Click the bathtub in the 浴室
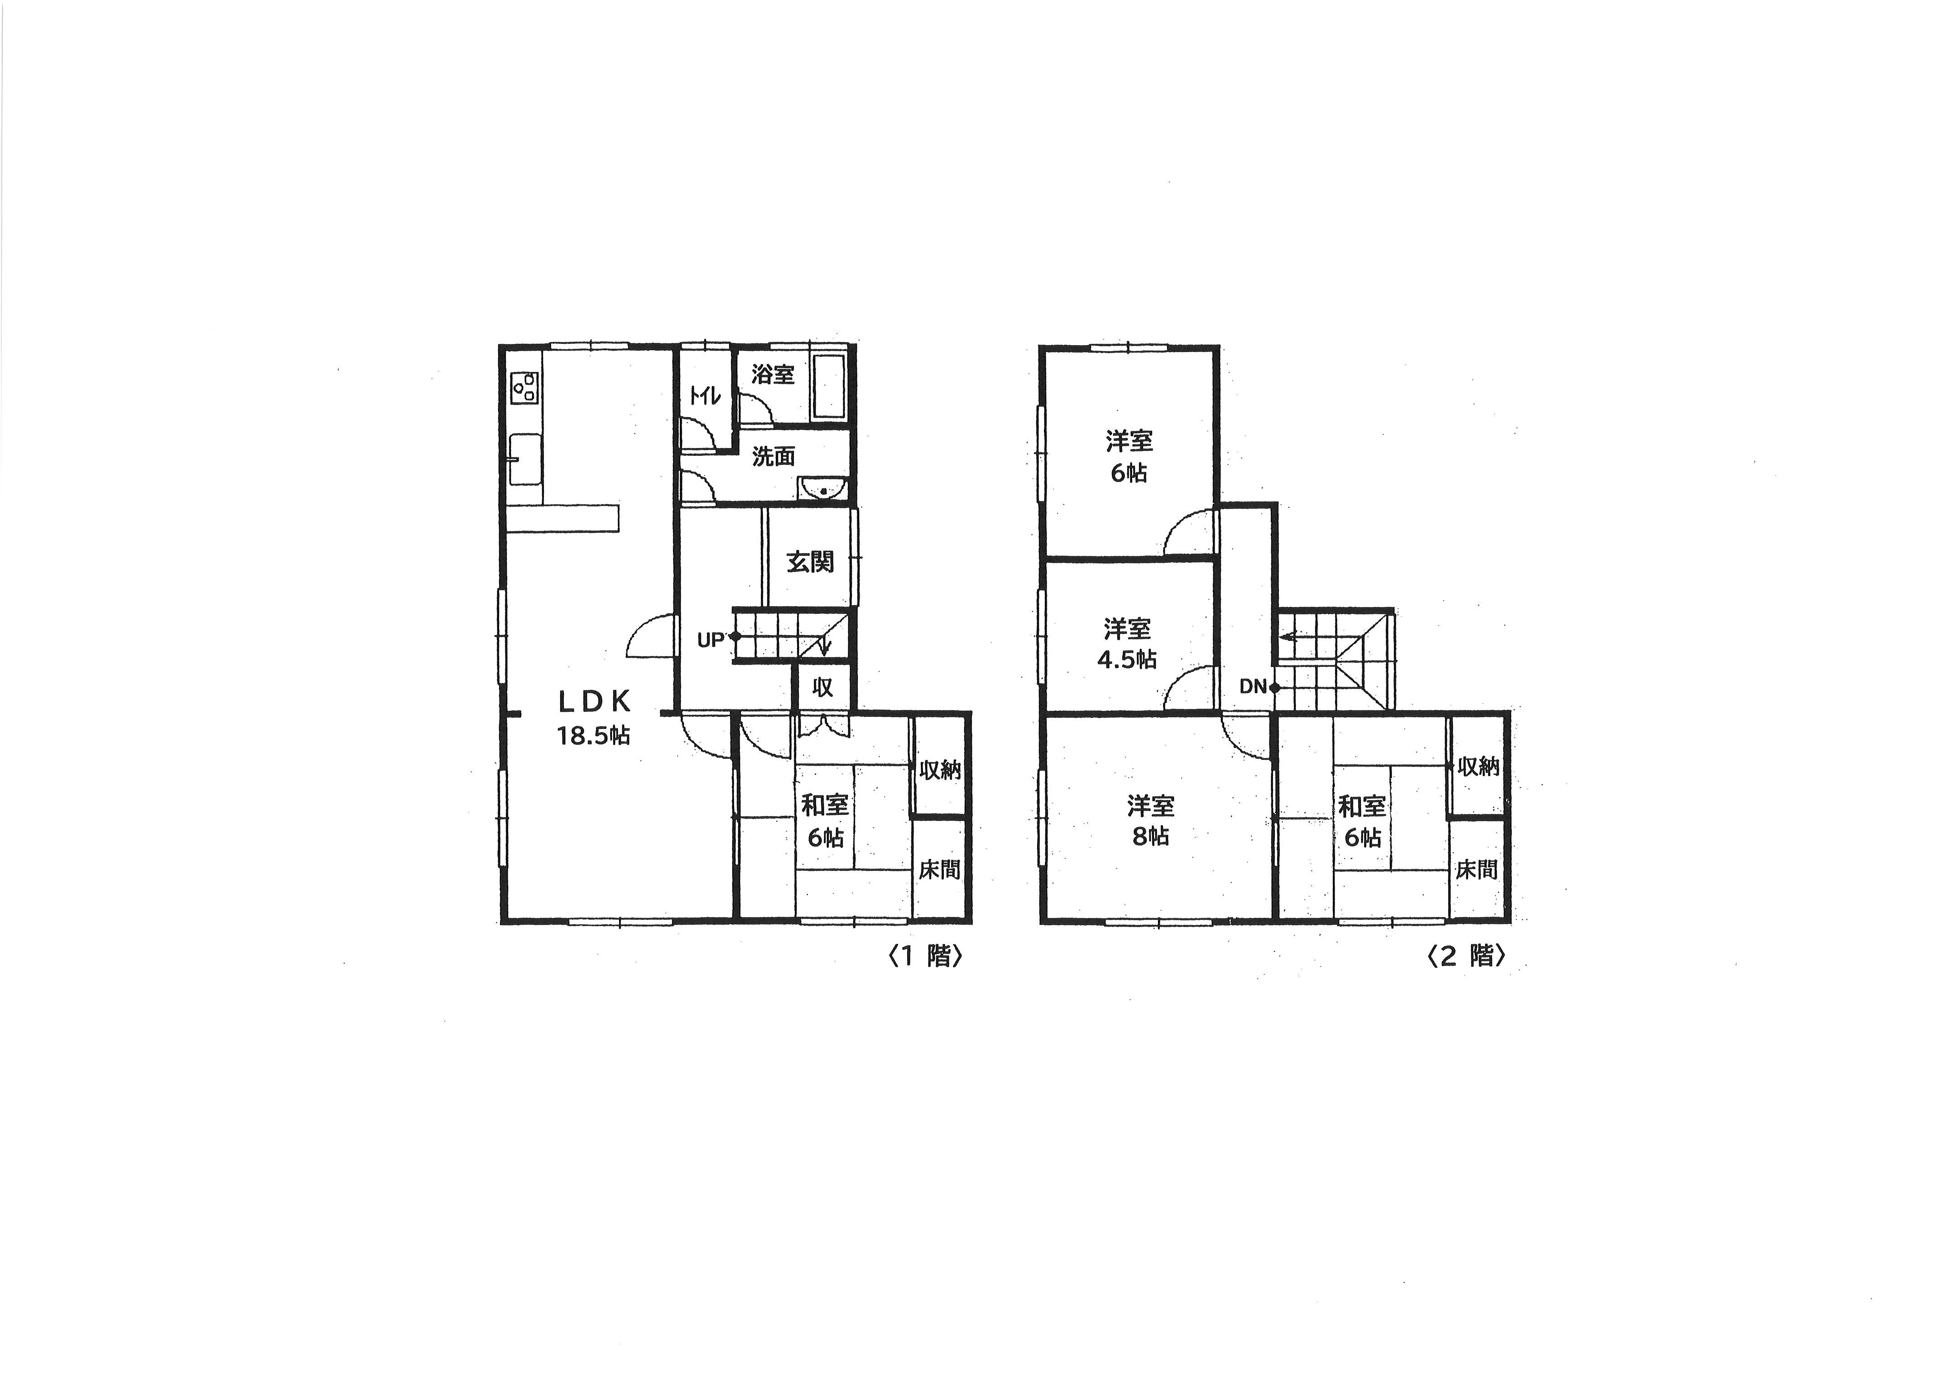coord(829,387)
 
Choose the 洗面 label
coord(774,456)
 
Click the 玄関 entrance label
coord(810,561)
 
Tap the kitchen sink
coord(525,459)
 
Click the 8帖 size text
coord(1151,836)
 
